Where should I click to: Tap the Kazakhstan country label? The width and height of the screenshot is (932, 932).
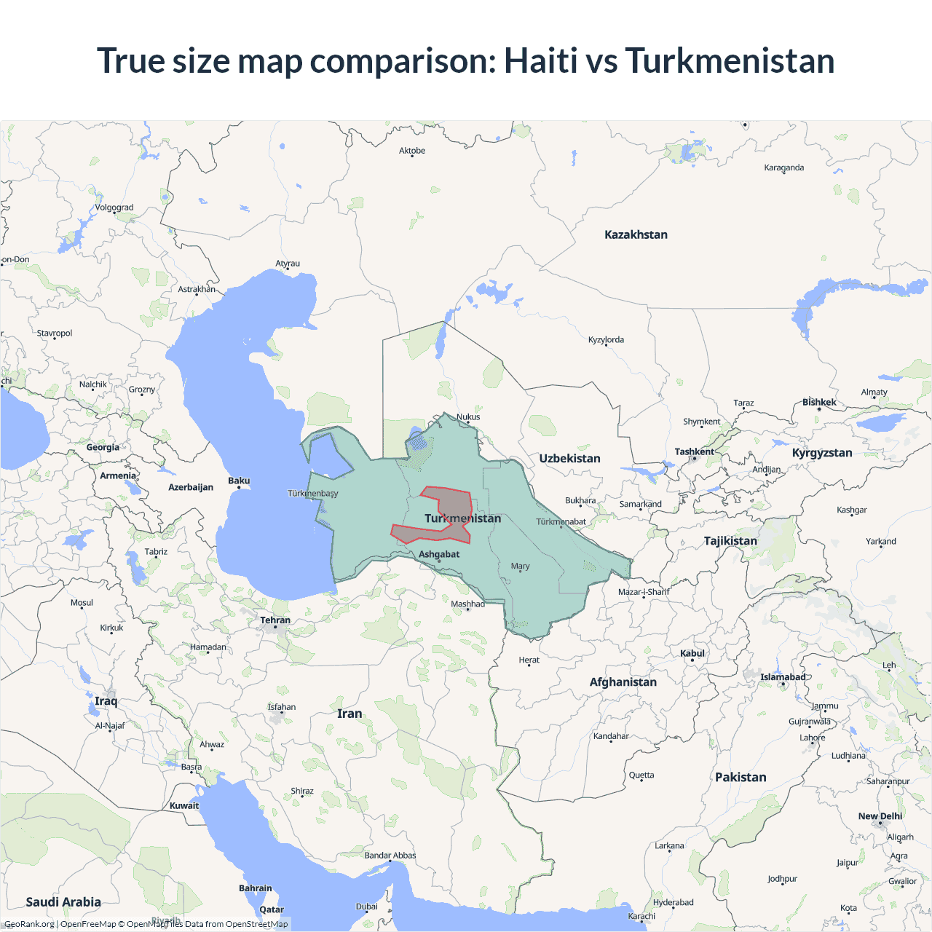coord(636,234)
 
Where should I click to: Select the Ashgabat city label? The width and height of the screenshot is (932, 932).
coord(439,554)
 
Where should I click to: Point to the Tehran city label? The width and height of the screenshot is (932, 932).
coord(275,620)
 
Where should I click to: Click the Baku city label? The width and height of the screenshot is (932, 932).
coord(239,481)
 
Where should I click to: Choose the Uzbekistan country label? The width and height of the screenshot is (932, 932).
coord(569,458)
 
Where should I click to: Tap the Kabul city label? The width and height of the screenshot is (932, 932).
coord(692,653)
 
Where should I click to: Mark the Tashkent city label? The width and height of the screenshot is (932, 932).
coord(694,451)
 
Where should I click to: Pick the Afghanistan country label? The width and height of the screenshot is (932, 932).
coord(623,682)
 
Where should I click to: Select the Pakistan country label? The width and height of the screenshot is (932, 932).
coord(741,777)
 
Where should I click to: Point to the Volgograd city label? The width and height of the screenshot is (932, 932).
coord(114,208)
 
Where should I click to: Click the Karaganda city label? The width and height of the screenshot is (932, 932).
coord(784,167)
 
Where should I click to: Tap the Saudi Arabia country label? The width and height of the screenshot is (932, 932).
coord(63,901)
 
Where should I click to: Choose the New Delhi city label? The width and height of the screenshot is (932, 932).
coord(880,816)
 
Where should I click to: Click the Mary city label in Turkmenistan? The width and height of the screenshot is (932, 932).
coord(520,566)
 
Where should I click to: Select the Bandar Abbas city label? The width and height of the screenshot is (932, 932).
coord(390,856)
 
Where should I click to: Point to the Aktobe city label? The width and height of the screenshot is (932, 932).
coord(412,151)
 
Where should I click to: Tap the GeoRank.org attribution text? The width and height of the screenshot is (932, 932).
coord(29,924)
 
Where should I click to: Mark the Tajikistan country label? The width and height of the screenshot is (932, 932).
coord(730,540)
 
